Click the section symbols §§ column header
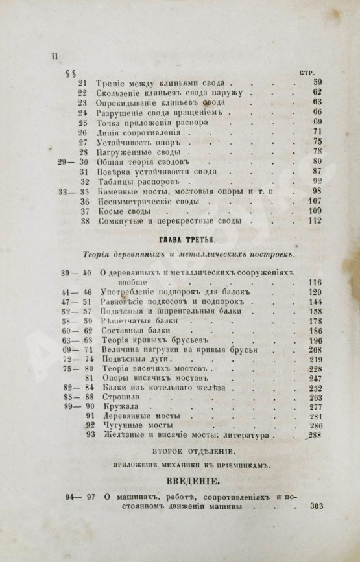tap(80, 73)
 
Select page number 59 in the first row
tap(317, 82)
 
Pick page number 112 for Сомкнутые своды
tap(316, 221)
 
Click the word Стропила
tap(124, 397)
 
